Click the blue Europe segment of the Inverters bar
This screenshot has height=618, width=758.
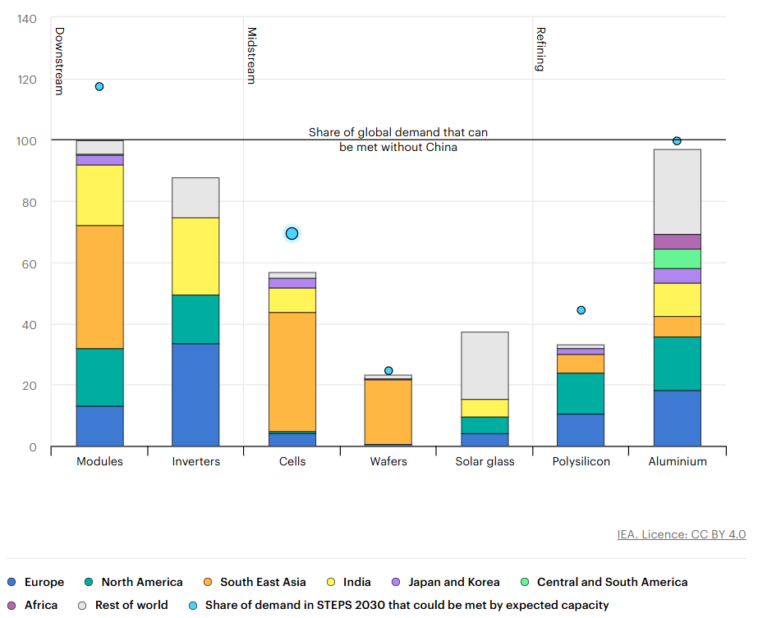tap(195, 395)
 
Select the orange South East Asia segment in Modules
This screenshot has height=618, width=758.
tap(99, 286)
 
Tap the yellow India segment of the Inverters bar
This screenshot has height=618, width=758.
tap(195, 256)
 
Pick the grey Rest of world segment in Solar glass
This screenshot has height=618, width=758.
tap(485, 365)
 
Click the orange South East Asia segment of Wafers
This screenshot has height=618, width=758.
tap(388, 411)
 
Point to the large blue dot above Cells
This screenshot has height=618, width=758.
tap(292, 234)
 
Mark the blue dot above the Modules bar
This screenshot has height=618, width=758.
tap(99, 86)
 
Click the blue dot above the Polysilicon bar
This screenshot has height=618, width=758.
tap(581, 310)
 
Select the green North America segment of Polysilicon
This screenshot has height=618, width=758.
tap(581, 393)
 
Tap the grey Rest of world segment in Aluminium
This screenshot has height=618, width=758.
tap(677, 191)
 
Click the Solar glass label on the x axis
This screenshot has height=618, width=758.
tap(485, 461)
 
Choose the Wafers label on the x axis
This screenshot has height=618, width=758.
tap(388, 461)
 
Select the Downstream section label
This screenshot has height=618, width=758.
tap(59, 61)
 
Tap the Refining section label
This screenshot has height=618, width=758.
tap(540, 49)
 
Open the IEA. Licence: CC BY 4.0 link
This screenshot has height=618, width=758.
tap(681, 534)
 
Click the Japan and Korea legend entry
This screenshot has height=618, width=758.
tap(454, 582)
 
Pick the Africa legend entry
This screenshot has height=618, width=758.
tap(41, 605)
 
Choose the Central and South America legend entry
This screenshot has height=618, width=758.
tap(612, 582)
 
